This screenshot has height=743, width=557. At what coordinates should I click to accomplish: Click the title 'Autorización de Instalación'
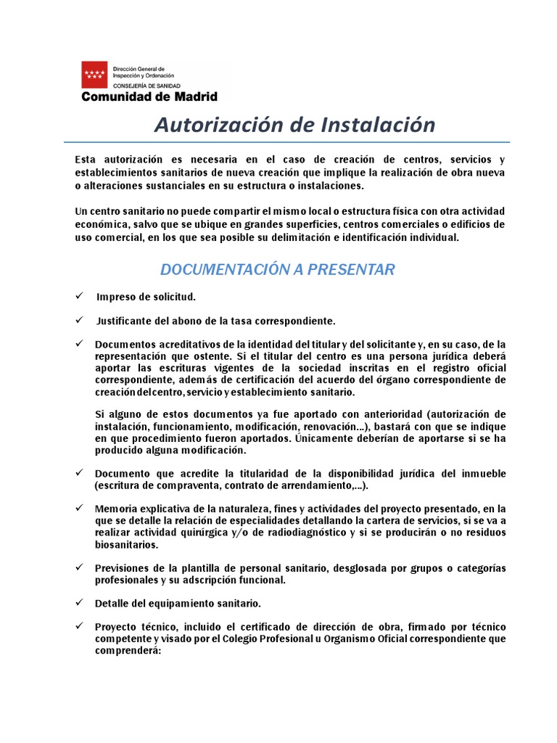point(294,125)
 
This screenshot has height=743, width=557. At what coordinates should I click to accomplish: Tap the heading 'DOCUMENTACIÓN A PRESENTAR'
point(277,270)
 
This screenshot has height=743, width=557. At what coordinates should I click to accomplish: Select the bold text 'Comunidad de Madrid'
point(149,96)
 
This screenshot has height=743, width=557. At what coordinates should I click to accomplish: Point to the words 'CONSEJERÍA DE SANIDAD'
point(145,85)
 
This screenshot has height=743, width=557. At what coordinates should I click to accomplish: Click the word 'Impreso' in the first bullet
point(115,297)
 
